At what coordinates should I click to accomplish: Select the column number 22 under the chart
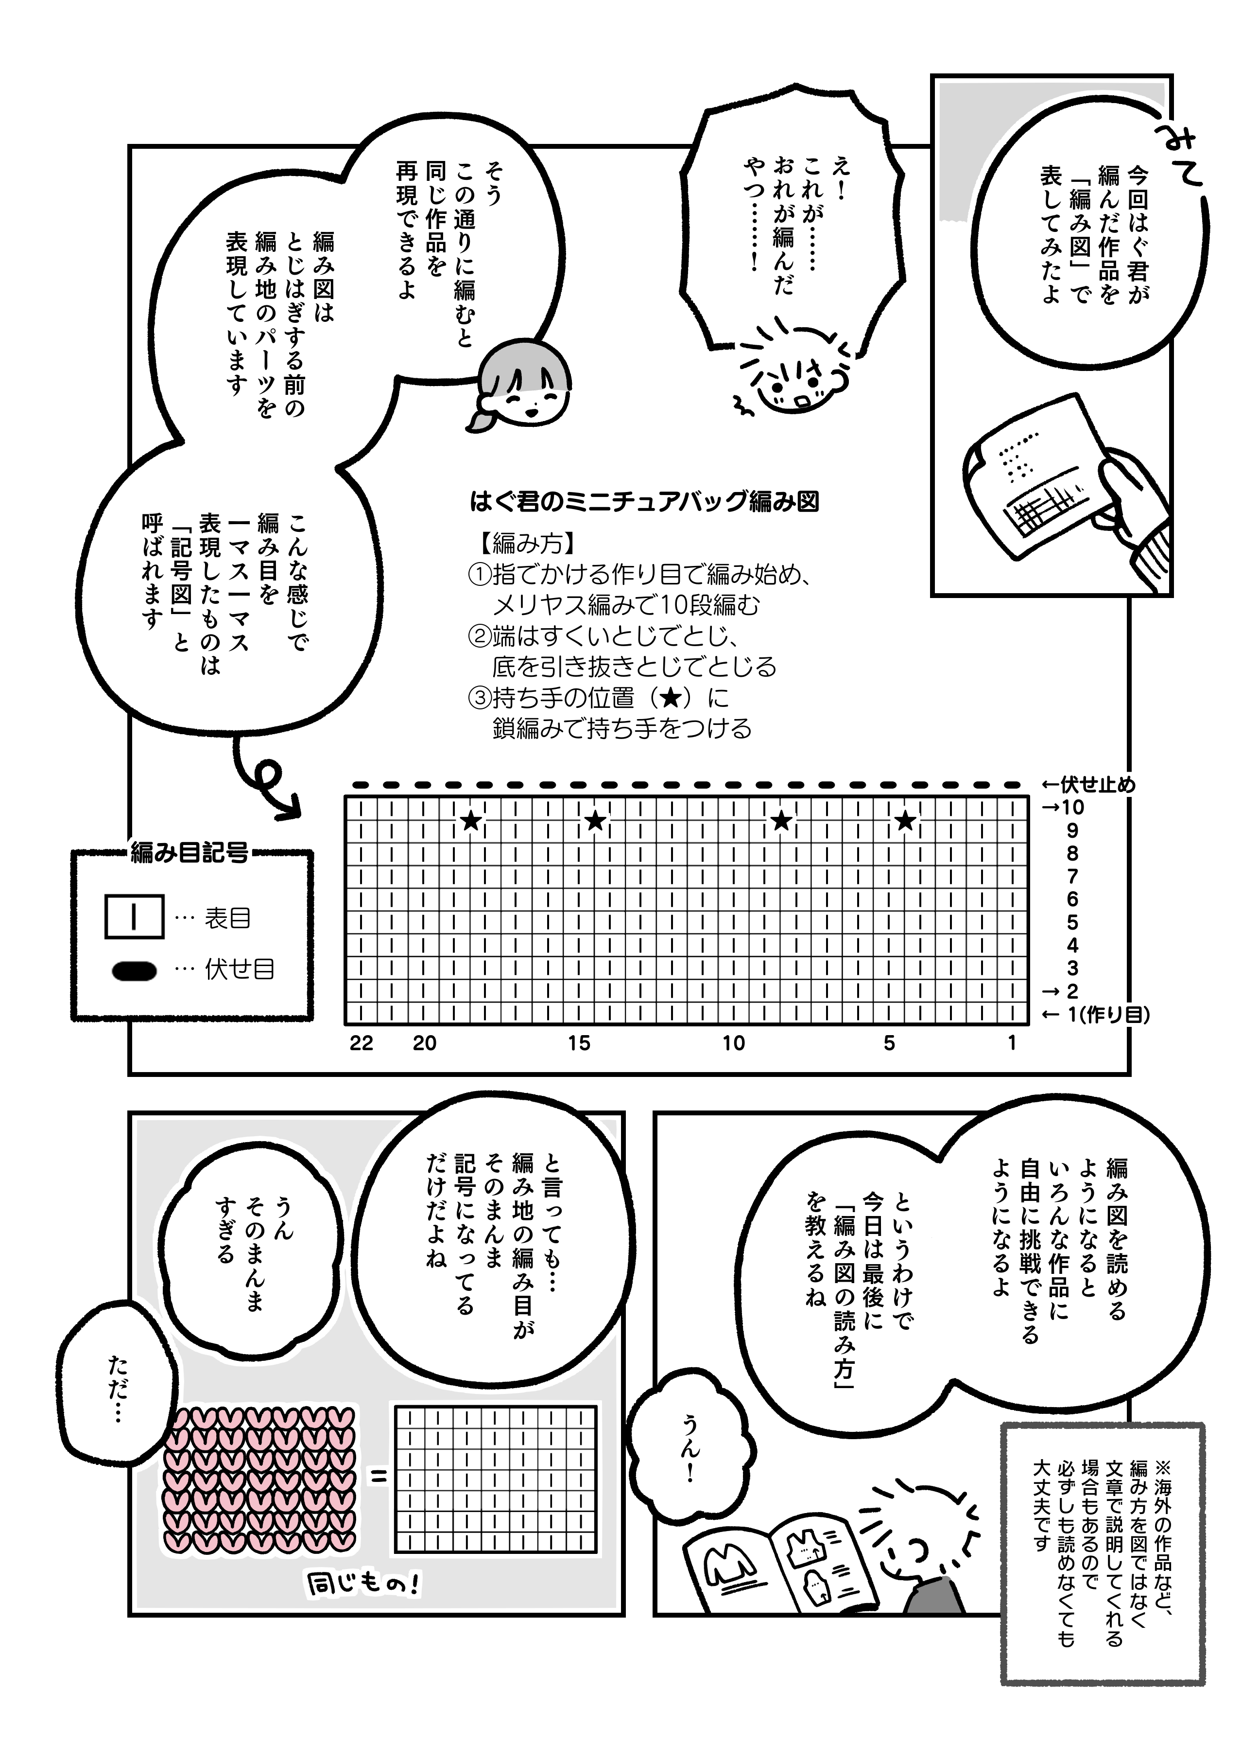click(361, 1043)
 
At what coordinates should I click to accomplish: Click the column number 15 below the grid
click(579, 1043)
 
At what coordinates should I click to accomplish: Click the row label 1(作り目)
click(1108, 1014)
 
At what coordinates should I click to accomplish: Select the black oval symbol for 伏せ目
click(134, 970)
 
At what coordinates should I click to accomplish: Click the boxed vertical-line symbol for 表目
click(134, 917)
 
